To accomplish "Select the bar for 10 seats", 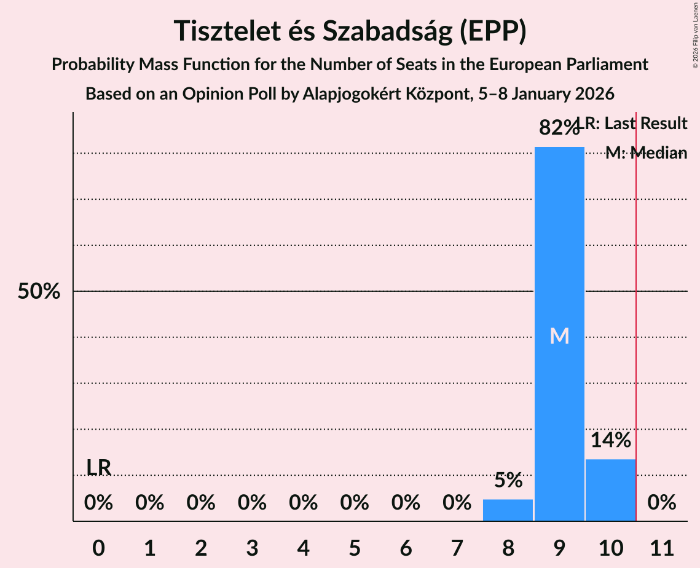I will point(610,490).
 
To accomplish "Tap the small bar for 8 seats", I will point(508,510).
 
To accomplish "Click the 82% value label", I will point(559,128).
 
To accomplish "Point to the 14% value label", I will point(610,440).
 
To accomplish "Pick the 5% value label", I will point(508,480).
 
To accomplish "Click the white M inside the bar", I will point(559,336).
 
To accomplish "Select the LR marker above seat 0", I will point(98,468).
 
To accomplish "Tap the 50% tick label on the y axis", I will point(39,291).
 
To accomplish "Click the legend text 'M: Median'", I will point(646,153).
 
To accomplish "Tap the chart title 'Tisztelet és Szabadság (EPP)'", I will point(350,31).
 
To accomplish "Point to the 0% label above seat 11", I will point(662,503).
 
